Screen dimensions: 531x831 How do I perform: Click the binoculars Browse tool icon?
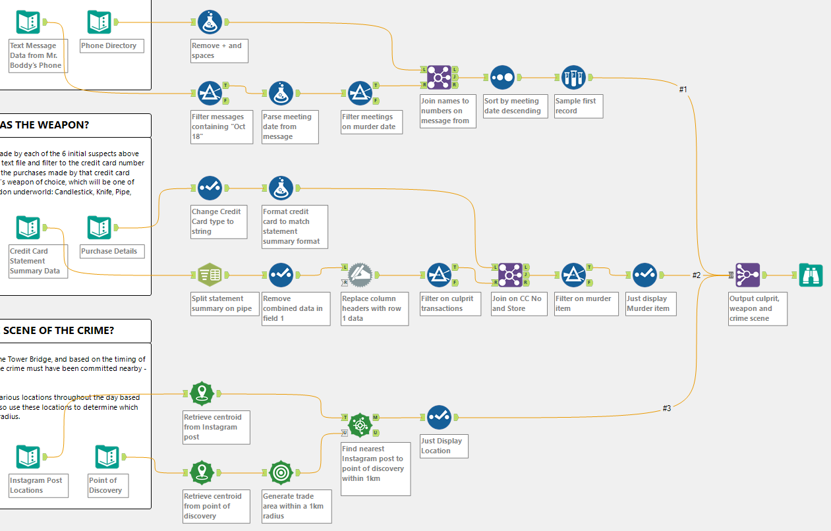point(811,275)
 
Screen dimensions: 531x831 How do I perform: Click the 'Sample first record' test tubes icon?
point(573,77)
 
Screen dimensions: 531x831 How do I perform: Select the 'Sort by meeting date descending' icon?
point(502,77)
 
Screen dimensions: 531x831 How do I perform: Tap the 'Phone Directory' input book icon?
point(100,22)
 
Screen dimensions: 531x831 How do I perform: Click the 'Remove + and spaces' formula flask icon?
point(210,22)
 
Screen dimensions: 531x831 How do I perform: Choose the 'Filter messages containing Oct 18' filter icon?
point(210,93)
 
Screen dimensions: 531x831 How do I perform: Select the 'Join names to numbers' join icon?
point(438,77)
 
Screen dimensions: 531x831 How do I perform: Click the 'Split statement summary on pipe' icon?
point(210,275)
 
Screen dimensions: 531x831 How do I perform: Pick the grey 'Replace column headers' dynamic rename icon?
point(360,275)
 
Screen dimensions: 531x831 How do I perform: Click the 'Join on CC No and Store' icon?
point(510,275)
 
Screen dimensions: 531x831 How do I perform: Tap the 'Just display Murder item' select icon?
point(645,275)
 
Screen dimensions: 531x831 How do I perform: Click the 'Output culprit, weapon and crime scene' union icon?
point(747,275)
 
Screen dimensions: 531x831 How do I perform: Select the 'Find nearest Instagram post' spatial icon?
point(360,425)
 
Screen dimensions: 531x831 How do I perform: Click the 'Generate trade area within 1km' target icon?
point(281,472)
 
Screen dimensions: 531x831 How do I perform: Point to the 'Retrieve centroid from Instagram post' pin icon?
point(201,393)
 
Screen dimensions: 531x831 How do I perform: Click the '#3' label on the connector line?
point(667,408)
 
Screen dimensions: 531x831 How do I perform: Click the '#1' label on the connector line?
point(683,89)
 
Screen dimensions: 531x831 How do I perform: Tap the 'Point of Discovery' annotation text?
point(105,486)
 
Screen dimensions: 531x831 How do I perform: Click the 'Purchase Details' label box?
point(109,251)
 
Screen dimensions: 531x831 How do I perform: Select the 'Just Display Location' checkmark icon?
point(439,417)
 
